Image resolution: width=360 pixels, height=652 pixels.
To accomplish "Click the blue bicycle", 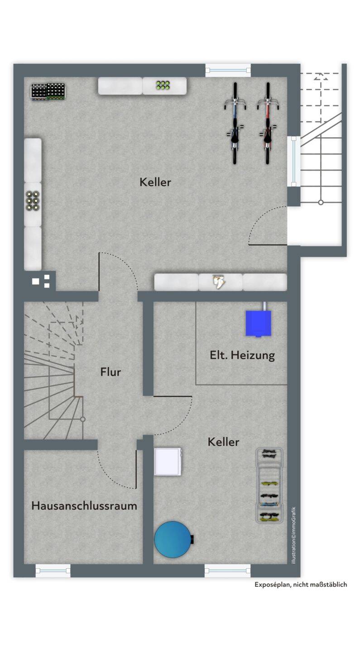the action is coord(235,124).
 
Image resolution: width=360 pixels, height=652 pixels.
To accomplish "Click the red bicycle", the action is coord(268,124).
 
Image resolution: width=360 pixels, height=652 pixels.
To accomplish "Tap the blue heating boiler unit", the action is coord(259,323).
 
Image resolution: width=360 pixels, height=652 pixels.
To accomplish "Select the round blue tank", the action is coord(173,539).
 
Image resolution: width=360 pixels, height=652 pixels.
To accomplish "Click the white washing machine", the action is coord(168,462).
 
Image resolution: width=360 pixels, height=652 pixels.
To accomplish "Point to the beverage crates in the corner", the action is coord(48,91).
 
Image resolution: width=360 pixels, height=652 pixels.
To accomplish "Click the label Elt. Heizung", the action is coord(242,355).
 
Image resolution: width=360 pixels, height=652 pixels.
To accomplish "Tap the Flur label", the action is coord(110,372).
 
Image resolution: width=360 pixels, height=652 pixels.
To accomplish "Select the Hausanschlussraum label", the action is coord(84,506).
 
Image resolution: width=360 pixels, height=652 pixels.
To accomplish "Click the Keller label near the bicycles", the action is coord(155,182).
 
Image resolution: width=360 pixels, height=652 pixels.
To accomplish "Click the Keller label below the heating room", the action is coord(223,442).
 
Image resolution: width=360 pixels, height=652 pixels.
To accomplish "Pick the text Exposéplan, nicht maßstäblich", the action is coord(301,585).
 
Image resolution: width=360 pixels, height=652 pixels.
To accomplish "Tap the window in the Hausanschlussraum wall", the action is coord(53,571).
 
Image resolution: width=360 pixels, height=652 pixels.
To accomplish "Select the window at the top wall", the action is coord(228,70).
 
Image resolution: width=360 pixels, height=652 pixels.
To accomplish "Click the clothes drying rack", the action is coord(269,485).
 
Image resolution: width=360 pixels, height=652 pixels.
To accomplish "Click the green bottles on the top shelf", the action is coord(163,85).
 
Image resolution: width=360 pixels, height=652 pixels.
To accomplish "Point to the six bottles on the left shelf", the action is coord(33,201).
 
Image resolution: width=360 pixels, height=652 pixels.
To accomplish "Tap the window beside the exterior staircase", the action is coord(294,161).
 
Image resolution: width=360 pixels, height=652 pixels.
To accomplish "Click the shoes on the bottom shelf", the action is coord(219,282).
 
